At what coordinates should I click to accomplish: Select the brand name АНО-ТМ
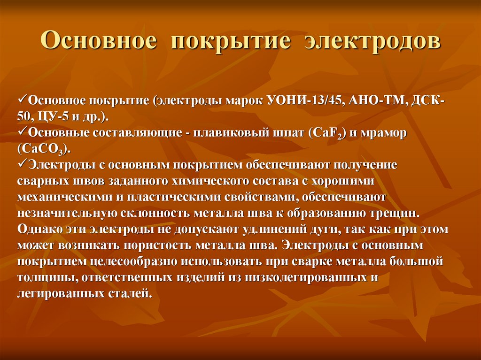pyautogui.click(x=373, y=101)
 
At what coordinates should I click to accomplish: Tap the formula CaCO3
pyautogui.click(x=44, y=149)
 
